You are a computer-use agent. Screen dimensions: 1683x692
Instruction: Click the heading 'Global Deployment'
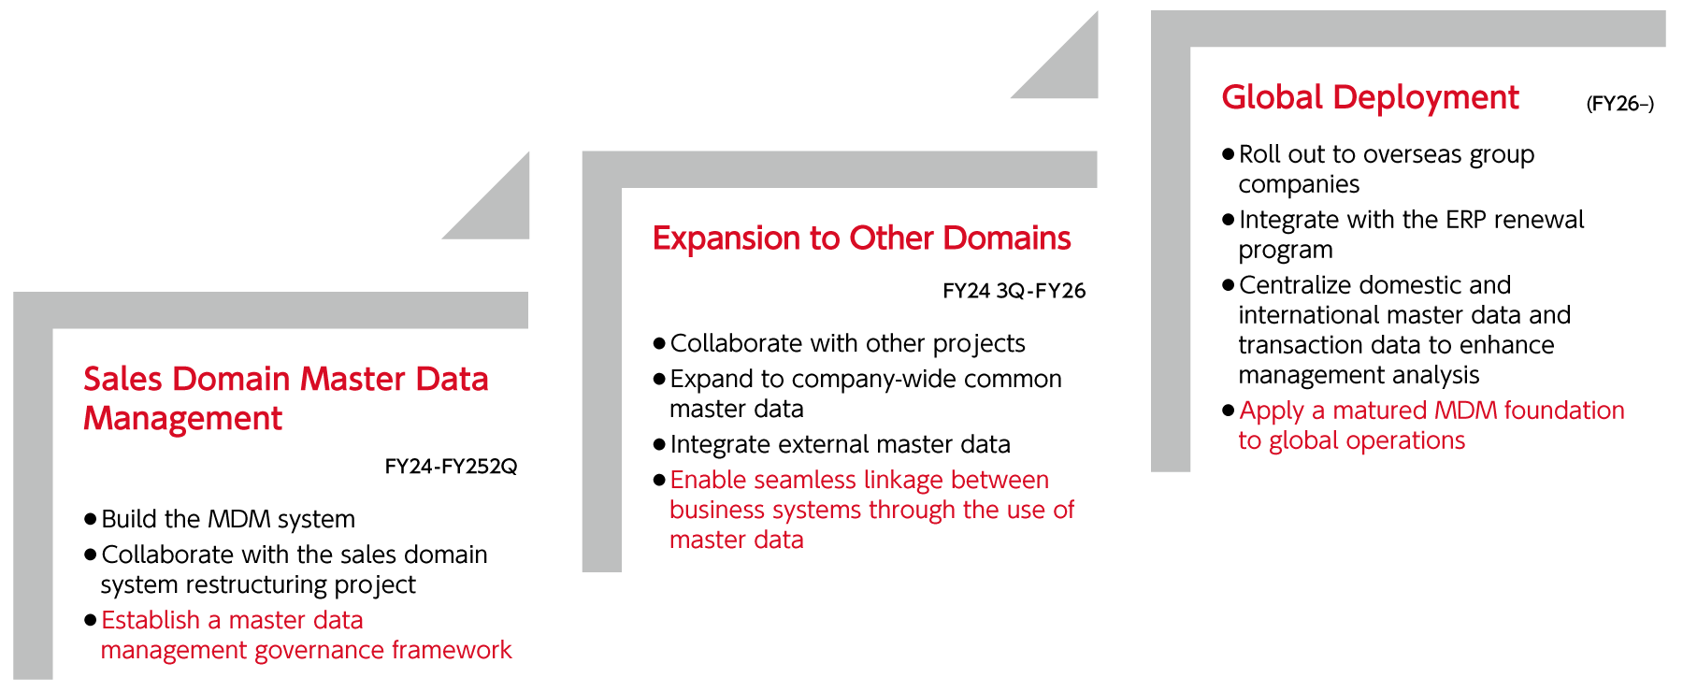click(x=1370, y=97)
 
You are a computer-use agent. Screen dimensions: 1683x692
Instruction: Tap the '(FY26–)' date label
click(x=1620, y=104)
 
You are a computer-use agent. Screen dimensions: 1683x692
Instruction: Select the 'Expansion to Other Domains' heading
click(x=861, y=238)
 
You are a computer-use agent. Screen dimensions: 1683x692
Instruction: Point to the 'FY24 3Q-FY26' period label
click(x=1014, y=291)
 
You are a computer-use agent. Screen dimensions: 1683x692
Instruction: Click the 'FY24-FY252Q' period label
click(x=451, y=467)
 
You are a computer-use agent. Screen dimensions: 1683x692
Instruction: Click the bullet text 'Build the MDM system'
click(x=228, y=519)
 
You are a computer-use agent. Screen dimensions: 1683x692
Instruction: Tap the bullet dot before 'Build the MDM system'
click(x=91, y=519)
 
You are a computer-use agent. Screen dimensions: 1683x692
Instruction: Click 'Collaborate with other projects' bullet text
click(x=847, y=343)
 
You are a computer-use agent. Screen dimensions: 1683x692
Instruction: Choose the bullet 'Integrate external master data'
click(x=840, y=444)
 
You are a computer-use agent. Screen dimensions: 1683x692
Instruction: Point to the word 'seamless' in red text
click(x=803, y=480)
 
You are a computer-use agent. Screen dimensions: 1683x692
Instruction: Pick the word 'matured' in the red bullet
click(x=1379, y=411)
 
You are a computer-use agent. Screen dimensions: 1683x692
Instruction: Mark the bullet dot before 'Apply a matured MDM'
click(x=1229, y=411)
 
